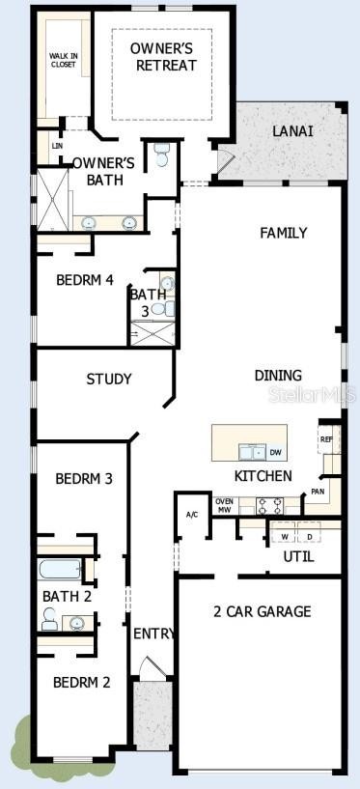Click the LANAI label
(x=293, y=131)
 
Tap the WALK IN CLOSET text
(x=63, y=59)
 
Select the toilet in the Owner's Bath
(x=161, y=155)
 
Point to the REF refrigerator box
(x=326, y=438)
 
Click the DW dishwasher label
(x=275, y=452)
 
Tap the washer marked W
(x=285, y=536)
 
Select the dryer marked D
(x=309, y=536)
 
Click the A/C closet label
(x=192, y=515)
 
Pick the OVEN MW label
(x=224, y=506)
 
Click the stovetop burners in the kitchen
(x=270, y=506)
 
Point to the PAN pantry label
(x=318, y=491)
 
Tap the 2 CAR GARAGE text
(x=262, y=611)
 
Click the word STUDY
(x=109, y=379)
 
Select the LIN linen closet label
(x=56, y=146)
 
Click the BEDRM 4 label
(x=84, y=280)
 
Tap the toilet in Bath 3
(x=160, y=308)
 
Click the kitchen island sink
(x=252, y=452)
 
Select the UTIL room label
(x=298, y=556)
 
